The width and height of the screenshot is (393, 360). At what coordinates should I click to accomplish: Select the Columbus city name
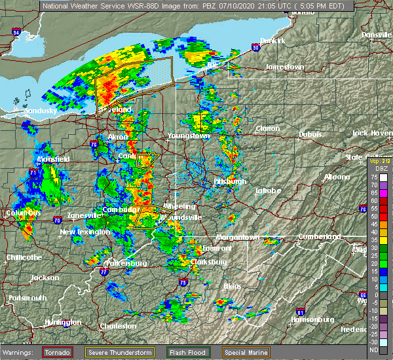[x=23, y=213]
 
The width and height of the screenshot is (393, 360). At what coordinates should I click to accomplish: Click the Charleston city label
[x=118, y=326]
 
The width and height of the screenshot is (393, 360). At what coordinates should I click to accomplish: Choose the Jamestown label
[x=284, y=67]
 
